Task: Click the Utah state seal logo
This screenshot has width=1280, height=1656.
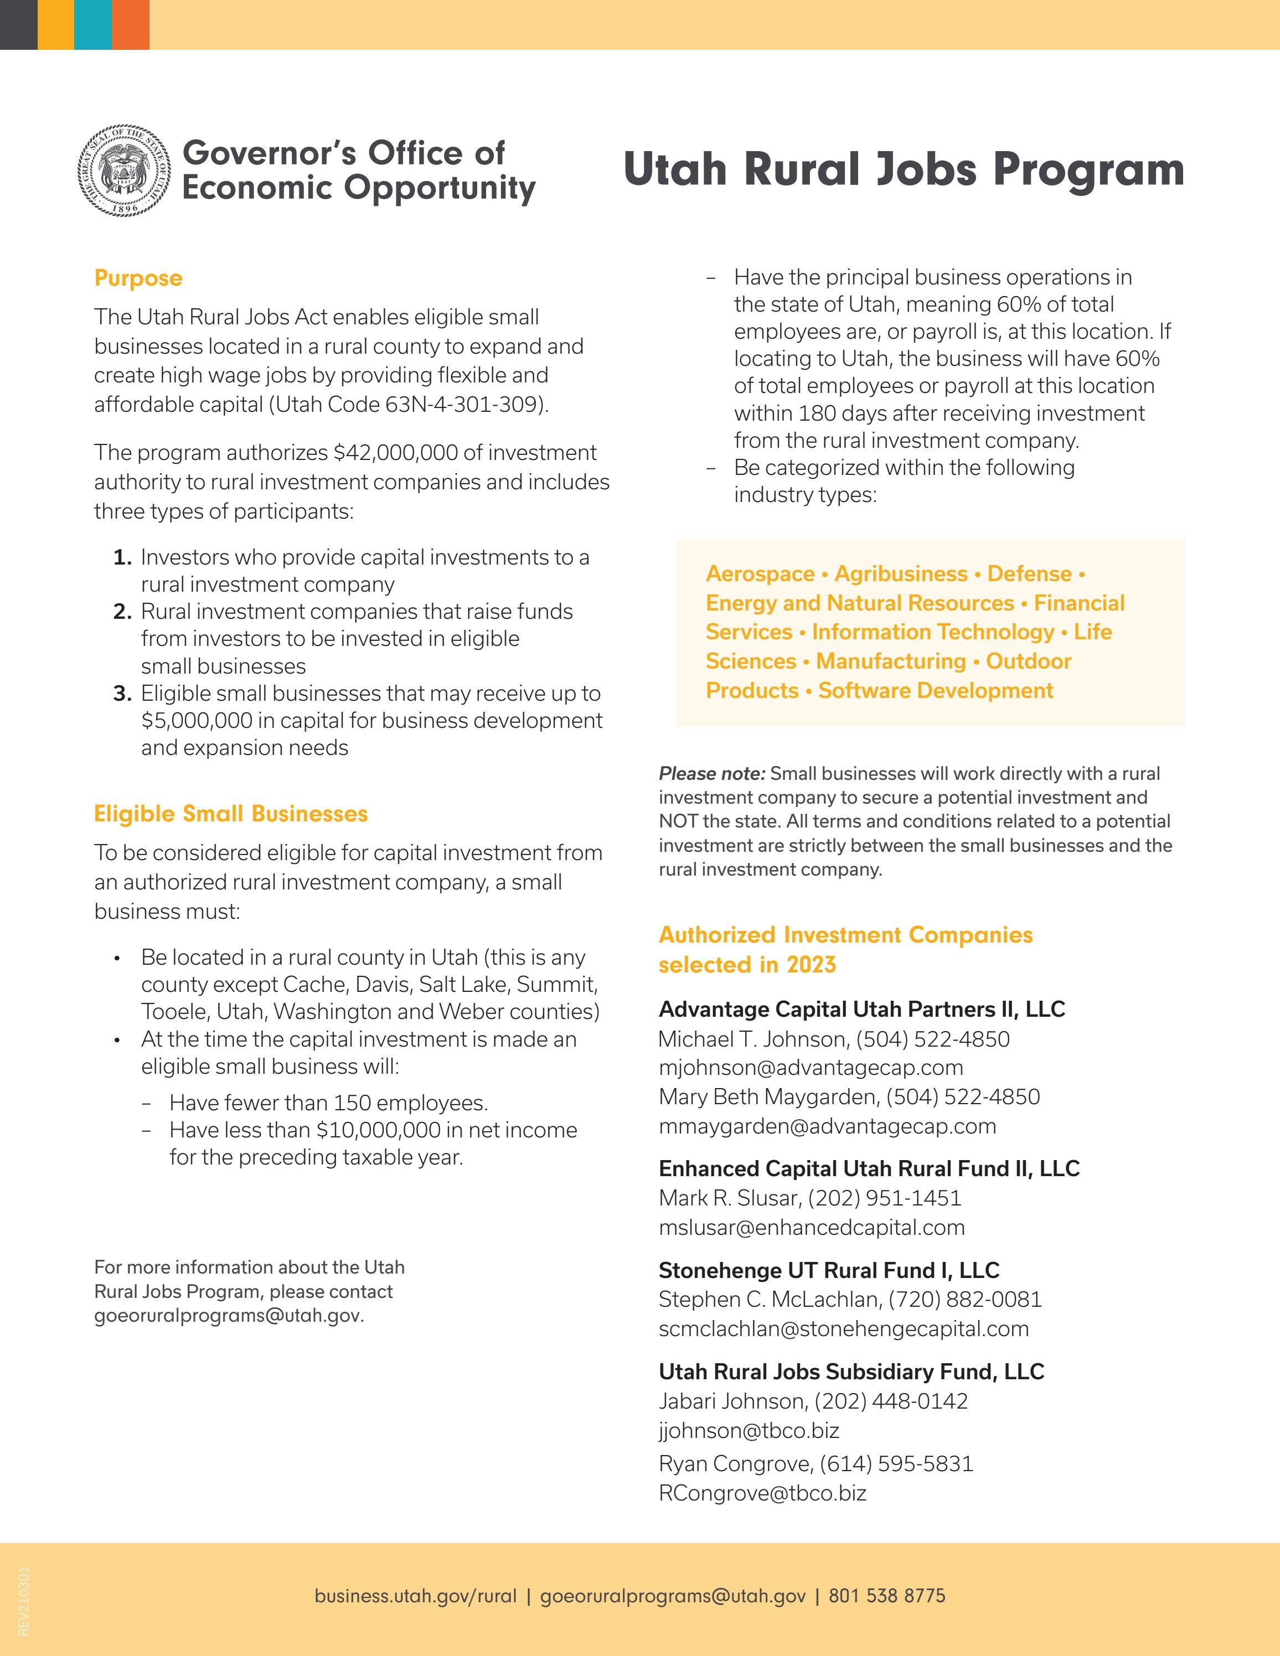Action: pos(125,170)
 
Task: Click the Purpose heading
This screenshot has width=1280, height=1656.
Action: pos(138,278)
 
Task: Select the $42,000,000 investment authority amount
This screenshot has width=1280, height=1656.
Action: pos(395,453)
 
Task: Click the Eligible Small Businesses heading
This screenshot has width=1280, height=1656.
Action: pos(230,814)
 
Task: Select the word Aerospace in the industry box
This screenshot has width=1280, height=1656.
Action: pos(759,574)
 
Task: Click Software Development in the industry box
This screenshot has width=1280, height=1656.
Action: pos(935,691)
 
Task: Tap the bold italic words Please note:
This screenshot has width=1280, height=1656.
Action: pos(711,773)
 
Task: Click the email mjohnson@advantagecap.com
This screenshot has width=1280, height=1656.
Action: pos(811,1068)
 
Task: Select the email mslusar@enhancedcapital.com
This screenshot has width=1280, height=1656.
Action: pos(812,1228)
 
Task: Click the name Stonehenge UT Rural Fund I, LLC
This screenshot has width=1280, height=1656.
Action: pos(828,1270)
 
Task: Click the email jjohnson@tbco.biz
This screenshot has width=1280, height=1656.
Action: pos(749,1431)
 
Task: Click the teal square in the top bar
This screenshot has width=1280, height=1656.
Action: pos(92,24)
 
